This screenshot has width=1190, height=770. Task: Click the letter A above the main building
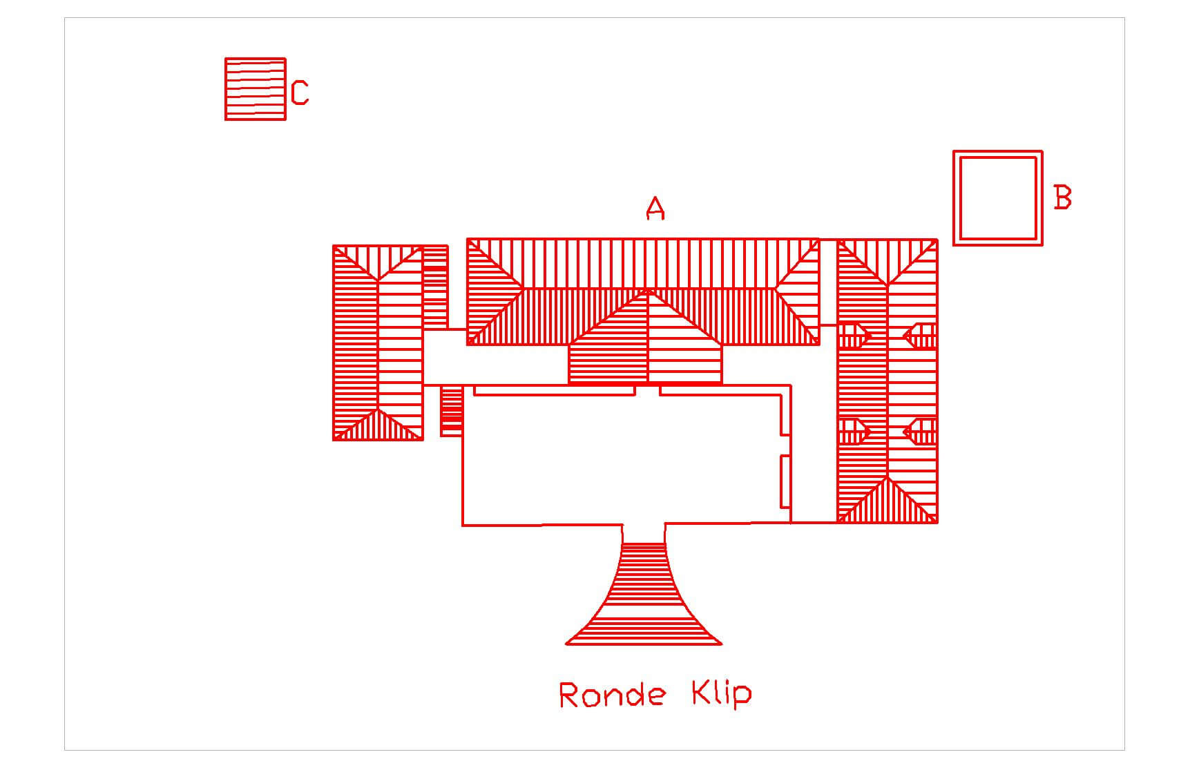(655, 208)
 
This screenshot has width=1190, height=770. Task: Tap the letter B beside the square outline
(1062, 198)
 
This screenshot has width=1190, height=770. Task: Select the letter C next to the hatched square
(300, 93)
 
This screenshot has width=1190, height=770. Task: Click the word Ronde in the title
(612, 695)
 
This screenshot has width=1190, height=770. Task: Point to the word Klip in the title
(721, 693)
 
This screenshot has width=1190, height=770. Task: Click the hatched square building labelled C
(255, 89)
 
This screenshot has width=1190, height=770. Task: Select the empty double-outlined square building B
(997, 198)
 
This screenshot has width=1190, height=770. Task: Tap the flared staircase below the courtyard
(644, 601)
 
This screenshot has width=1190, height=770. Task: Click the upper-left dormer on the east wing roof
(854, 336)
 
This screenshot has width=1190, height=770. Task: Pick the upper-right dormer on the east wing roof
(921, 336)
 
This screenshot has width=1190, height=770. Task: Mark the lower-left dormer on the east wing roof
(854, 432)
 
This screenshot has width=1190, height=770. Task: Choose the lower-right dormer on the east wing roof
(921, 432)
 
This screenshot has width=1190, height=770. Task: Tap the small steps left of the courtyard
(451, 411)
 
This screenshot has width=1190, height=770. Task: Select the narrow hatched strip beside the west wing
(435, 287)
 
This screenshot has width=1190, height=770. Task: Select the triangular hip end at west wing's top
(378, 259)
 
